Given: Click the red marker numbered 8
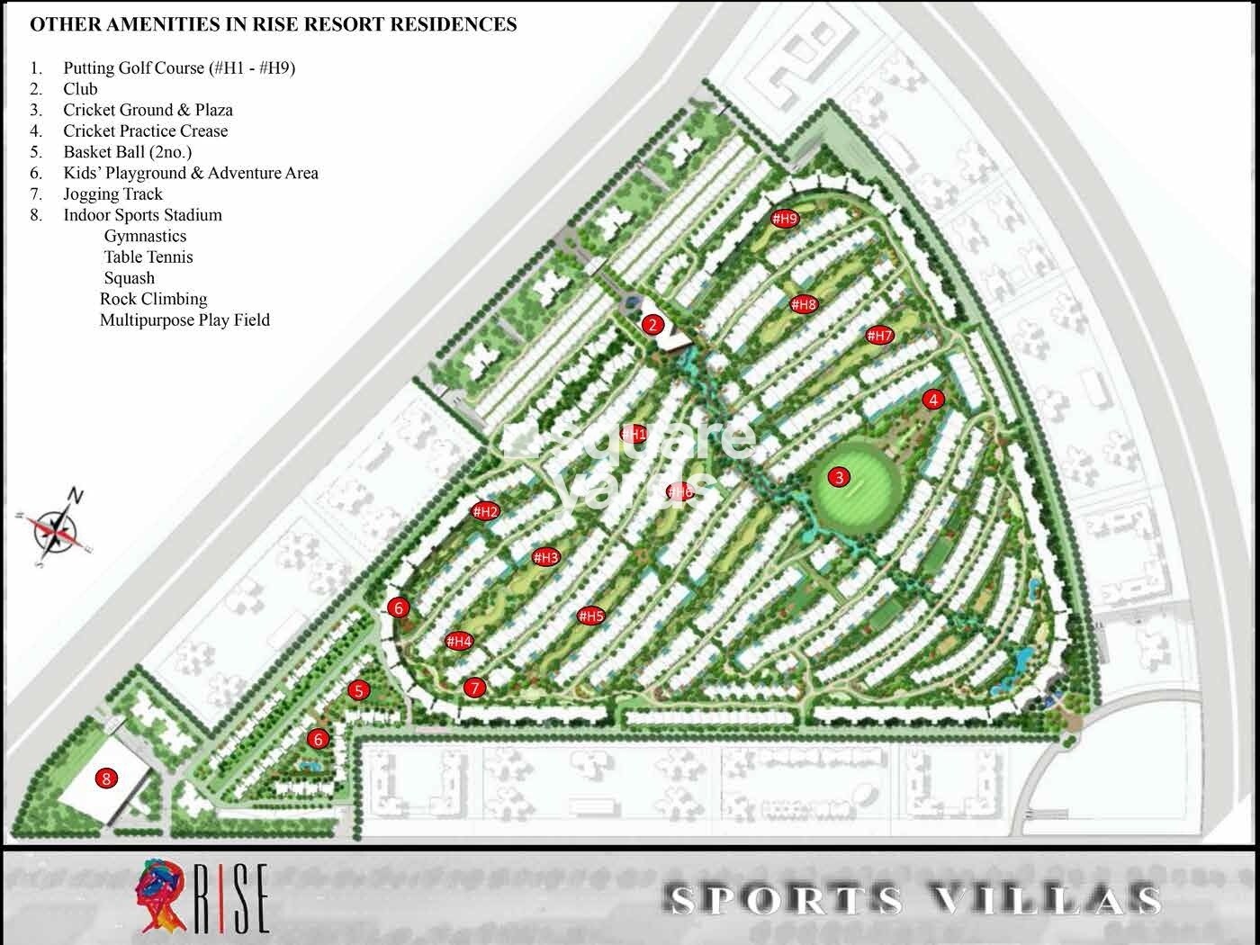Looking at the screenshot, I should [x=106, y=778].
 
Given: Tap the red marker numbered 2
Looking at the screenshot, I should [x=652, y=325].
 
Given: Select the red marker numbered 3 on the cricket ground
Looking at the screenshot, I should [x=840, y=477].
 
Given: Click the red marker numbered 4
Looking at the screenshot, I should [x=934, y=400].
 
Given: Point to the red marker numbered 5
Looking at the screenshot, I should [x=359, y=691].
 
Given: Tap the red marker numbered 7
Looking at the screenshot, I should [x=474, y=688].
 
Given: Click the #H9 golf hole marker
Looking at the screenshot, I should [x=785, y=219].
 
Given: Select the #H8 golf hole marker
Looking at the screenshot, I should [x=804, y=304].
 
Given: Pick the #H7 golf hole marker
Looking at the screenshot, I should [x=879, y=336].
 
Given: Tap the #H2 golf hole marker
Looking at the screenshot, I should [x=485, y=512].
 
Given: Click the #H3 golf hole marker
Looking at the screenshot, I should [x=545, y=557].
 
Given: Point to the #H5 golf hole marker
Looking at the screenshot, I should [x=590, y=616].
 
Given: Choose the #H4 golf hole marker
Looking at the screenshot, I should [x=459, y=642].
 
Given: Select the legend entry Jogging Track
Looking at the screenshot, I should [x=112, y=193].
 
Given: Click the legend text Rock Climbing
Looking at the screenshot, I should [x=153, y=299].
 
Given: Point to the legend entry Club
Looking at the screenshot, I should [x=80, y=88].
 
